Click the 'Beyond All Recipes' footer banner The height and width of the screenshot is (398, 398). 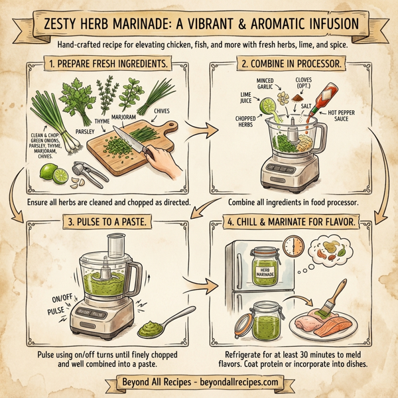(x=199, y=382)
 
